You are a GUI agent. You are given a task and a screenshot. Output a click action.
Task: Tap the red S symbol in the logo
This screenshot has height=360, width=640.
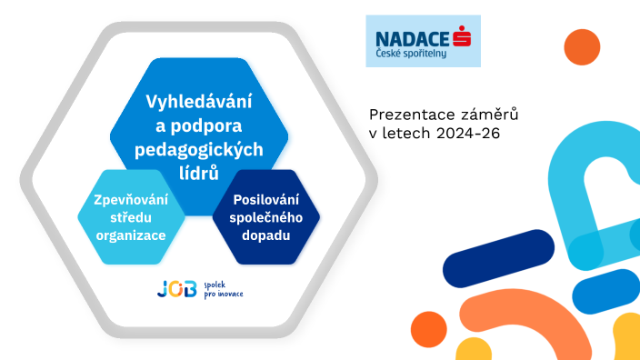[466, 36]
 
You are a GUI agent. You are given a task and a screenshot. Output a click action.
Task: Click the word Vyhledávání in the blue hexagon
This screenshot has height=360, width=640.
[198, 102]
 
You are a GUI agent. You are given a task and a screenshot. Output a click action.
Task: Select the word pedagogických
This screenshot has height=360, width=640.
[198, 149]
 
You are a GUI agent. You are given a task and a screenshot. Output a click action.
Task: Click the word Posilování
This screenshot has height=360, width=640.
[266, 199]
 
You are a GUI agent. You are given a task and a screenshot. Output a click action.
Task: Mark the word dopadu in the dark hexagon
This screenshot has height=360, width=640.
[266, 235]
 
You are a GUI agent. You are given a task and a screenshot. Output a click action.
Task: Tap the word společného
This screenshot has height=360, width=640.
[266, 217]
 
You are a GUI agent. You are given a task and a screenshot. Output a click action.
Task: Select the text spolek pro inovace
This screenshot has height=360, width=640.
[223, 290]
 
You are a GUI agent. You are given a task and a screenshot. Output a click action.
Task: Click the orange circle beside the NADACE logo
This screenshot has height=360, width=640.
[582, 47]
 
